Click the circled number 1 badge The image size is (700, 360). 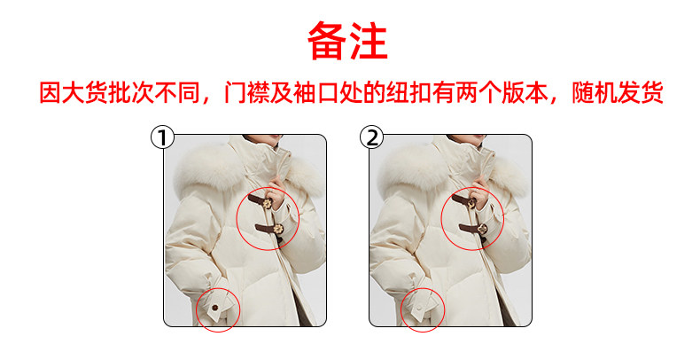point(162,137)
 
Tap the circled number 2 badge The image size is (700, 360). point(371,137)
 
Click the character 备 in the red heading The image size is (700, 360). point(327,41)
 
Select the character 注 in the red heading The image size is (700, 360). point(369,41)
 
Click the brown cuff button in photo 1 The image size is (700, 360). point(215,308)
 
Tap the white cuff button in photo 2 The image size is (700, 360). point(421,308)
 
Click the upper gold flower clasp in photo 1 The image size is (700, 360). point(268,205)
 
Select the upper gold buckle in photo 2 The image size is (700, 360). point(471,204)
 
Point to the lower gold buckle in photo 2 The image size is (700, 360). point(482,229)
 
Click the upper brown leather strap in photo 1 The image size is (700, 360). point(258,200)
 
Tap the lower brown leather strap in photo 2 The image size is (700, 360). point(471,229)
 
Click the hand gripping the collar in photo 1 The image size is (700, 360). point(275,192)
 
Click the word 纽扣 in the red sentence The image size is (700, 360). point(409,92)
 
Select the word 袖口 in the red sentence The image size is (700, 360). point(316,92)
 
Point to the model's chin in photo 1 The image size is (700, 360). point(263,138)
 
